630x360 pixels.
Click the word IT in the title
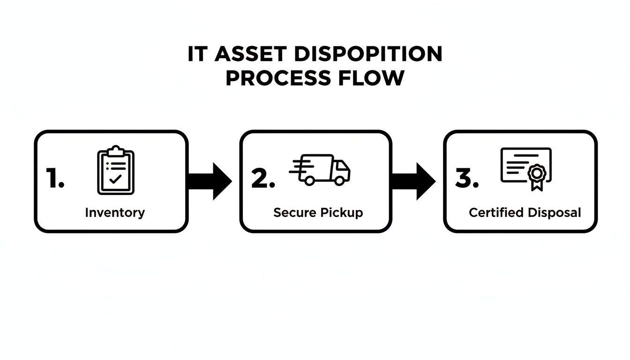197,55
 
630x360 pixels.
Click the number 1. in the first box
55,180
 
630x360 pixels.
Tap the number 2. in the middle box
262,180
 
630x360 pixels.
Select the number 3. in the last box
467,180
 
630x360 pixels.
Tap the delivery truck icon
321,170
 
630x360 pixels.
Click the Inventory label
115,212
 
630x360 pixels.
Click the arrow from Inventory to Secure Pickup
210,181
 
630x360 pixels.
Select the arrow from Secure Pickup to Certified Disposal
413,181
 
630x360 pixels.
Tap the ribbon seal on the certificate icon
536,175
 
